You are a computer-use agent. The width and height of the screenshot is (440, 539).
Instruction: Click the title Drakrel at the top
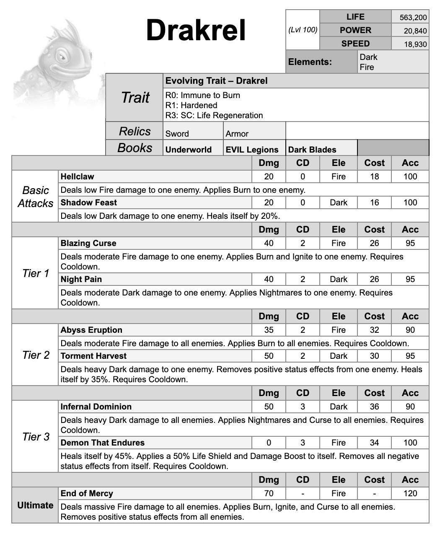click(196, 31)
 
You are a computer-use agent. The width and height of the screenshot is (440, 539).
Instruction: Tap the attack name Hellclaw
click(78, 176)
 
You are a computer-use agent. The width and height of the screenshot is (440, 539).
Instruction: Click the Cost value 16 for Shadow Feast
click(374, 202)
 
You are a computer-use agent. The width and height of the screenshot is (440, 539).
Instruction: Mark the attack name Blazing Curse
click(88, 243)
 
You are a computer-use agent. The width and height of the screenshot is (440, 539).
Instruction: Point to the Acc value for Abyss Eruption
click(410, 330)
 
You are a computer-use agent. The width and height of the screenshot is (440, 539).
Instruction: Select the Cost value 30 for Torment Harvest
click(374, 356)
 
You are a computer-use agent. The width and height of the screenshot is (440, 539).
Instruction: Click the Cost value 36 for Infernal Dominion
click(374, 407)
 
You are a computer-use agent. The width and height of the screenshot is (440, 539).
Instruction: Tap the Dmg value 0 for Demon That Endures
click(269, 443)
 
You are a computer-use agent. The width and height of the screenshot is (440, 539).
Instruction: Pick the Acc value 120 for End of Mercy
click(410, 493)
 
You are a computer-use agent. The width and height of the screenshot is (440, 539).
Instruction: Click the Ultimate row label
click(35, 505)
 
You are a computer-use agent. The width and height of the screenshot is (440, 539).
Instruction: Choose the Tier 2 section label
click(36, 355)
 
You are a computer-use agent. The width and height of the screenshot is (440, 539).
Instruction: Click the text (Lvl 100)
click(303, 30)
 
